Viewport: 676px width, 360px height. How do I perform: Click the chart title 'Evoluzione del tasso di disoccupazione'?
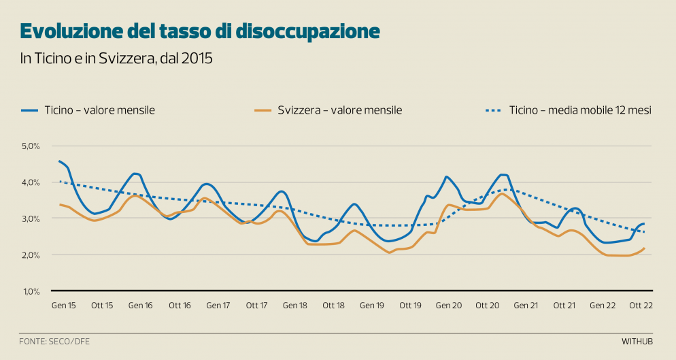(200, 31)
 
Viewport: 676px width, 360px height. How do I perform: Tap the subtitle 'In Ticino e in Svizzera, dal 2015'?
(116, 59)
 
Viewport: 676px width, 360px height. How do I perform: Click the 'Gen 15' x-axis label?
(63, 306)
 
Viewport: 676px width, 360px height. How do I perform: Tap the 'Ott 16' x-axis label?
(180, 306)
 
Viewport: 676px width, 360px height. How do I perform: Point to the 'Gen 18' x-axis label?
(295, 306)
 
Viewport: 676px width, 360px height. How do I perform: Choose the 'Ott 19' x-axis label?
(411, 306)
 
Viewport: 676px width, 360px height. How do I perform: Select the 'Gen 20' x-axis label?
(449, 306)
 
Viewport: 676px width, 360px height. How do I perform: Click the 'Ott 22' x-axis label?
(641, 306)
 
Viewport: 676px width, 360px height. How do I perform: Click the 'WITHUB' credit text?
(637, 340)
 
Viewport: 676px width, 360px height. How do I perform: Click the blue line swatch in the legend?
(29, 110)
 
